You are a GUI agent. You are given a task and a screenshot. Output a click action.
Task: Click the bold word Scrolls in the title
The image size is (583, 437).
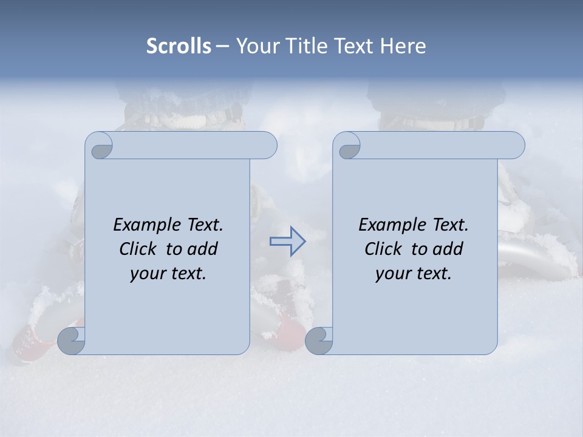pos(179,46)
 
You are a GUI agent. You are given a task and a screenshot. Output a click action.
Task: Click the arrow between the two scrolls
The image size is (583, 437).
pos(287,242)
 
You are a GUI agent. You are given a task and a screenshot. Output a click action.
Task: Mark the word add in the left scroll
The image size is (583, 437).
pos(203,249)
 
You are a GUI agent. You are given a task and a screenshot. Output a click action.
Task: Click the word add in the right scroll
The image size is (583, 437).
pos(448,249)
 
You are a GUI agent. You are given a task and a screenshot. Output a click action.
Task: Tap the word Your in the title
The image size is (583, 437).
pos(256,46)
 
